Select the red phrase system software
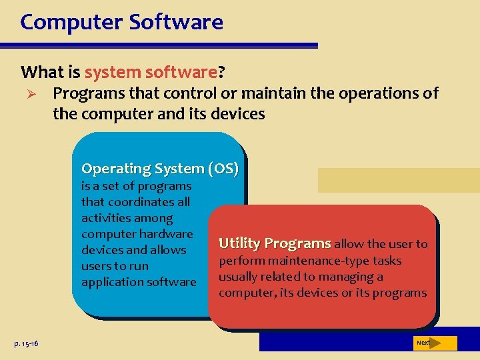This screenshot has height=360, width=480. coord(150,71)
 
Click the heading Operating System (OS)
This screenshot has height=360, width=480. coord(159,169)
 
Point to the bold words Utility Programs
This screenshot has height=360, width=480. coord(275,243)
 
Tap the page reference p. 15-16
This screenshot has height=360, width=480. coord(26,343)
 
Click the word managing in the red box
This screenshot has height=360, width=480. coord(348,277)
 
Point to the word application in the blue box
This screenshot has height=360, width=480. coord(108,282)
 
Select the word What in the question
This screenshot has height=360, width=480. coord(42,71)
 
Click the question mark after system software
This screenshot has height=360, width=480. coord(221,71)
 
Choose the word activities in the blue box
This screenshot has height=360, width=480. coord(108,218)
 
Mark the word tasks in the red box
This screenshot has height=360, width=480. coord(387,261)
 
